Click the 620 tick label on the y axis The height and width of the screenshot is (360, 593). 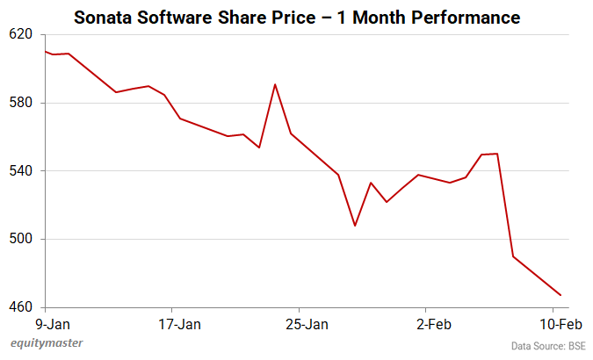click(20, 34)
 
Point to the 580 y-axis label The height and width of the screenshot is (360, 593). click(20, 103)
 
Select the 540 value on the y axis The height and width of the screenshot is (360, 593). click(20, 170)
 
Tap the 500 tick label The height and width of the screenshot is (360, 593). click(20, 239)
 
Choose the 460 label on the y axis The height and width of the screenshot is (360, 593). click(20, 307)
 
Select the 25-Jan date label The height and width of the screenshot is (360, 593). click(307, 325)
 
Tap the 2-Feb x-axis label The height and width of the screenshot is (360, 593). click(433, 325)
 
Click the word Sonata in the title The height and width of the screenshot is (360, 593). click(103, 17)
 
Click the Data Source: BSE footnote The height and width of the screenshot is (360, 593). click(547, 346)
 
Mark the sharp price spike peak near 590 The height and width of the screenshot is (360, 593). click(275, 84)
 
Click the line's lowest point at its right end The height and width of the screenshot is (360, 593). click(560, 295)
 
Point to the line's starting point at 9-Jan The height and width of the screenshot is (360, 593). click(45, 52)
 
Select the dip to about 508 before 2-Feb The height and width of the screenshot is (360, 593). click(355, 226)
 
